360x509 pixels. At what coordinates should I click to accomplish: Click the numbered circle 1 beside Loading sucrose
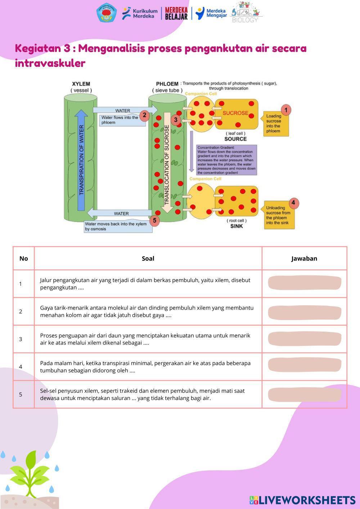pos(286,110)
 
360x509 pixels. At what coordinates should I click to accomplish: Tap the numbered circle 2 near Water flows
pos(144,115)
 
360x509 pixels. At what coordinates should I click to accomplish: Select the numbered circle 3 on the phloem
pos(176,120)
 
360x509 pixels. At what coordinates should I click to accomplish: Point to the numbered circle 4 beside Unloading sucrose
pos(293,203)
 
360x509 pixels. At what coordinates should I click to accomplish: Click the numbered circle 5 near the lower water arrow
pos(154,220)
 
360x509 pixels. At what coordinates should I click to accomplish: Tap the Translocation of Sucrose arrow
pos(167,162)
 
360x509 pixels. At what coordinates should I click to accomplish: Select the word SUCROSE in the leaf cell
pos(235,113)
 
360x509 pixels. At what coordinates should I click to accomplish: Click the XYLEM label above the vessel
pos(81,84)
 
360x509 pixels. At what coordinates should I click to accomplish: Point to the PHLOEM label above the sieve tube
pos(167,84)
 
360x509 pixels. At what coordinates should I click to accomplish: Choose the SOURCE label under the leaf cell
pos(235,139)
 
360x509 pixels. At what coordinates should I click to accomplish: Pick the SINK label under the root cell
pos(237,226)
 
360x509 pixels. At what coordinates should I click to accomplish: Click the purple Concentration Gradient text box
pos(226,160)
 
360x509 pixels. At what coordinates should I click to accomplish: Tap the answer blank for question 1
pos(305,283)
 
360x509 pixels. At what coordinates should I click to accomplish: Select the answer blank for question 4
pos(305,365)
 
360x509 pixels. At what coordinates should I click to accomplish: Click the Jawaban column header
pos(304,258)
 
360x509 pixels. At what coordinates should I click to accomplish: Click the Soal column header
pos(148,258)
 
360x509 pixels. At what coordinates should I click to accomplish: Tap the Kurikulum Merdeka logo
pos(140,13)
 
